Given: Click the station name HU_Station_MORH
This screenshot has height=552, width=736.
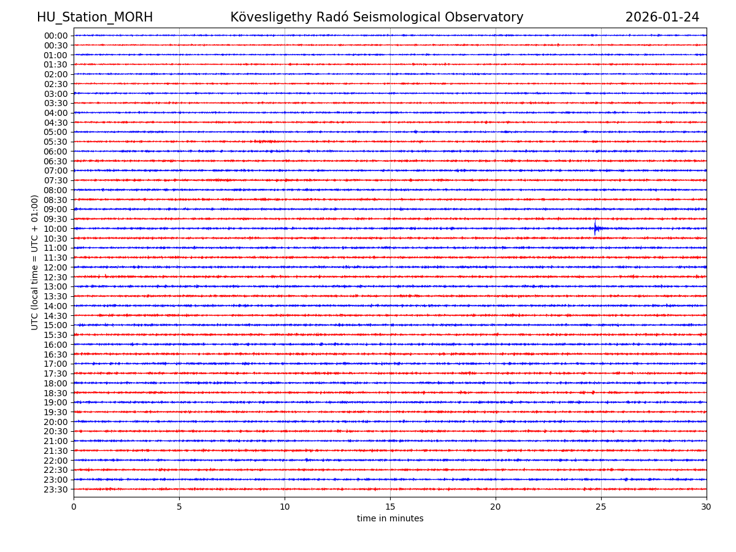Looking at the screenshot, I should click(x=94, y=17).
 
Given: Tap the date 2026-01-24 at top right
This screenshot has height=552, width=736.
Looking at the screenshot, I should click(x=662, y=17).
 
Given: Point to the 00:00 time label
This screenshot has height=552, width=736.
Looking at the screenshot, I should click(x=56, y=36).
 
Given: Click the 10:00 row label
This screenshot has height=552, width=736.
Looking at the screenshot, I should click(x=56, y=229).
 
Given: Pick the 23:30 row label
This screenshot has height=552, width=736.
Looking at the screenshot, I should click(x=56, y=489).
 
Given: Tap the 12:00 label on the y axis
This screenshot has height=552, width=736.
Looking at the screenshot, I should click(x=56, y=267).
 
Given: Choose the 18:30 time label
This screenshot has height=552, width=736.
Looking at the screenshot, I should click(x=56, y=393).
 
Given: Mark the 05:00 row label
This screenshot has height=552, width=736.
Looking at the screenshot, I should click(x=56, y=132).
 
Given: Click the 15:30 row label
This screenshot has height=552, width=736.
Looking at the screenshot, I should click(x=56, y=335).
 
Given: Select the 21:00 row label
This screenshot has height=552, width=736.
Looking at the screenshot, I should click(x=56, y=441).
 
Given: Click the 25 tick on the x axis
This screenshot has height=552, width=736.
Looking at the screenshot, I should click(x=601, y=507).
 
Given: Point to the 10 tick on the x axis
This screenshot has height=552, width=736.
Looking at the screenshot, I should click(x=285, y=507).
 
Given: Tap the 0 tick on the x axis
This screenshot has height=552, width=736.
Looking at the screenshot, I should click(x=74, y=507).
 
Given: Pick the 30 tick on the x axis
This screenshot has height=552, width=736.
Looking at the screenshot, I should click(x=707, y=507).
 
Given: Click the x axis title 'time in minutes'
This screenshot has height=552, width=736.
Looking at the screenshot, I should click(x=390, y=519).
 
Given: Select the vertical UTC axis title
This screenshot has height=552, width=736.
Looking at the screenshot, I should click(x=35, y=262).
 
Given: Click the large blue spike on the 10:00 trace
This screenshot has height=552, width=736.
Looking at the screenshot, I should click(x=594, y=227).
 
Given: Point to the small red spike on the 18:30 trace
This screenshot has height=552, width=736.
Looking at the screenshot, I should click(x=593, y=392).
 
